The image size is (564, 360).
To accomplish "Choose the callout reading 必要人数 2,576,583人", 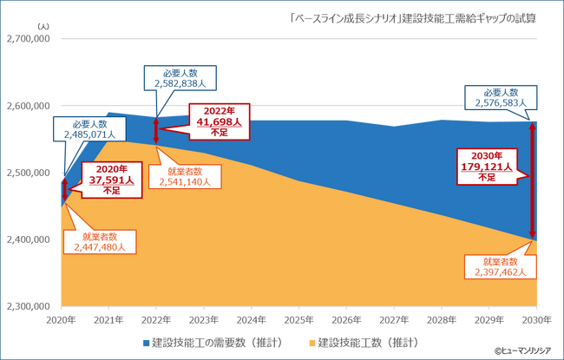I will point(501,97).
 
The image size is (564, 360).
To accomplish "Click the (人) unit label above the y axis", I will point(44,26).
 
